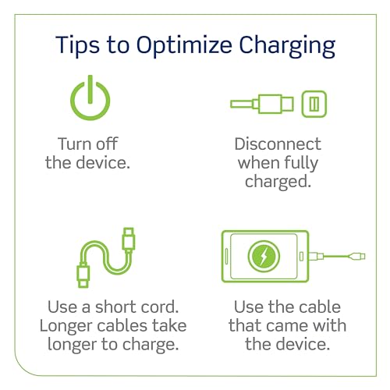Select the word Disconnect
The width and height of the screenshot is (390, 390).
click(x=278, y=144)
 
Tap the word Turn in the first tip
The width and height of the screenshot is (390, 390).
click(x=75, y=144)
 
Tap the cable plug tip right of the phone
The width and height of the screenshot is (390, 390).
click(x=360, y=255)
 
